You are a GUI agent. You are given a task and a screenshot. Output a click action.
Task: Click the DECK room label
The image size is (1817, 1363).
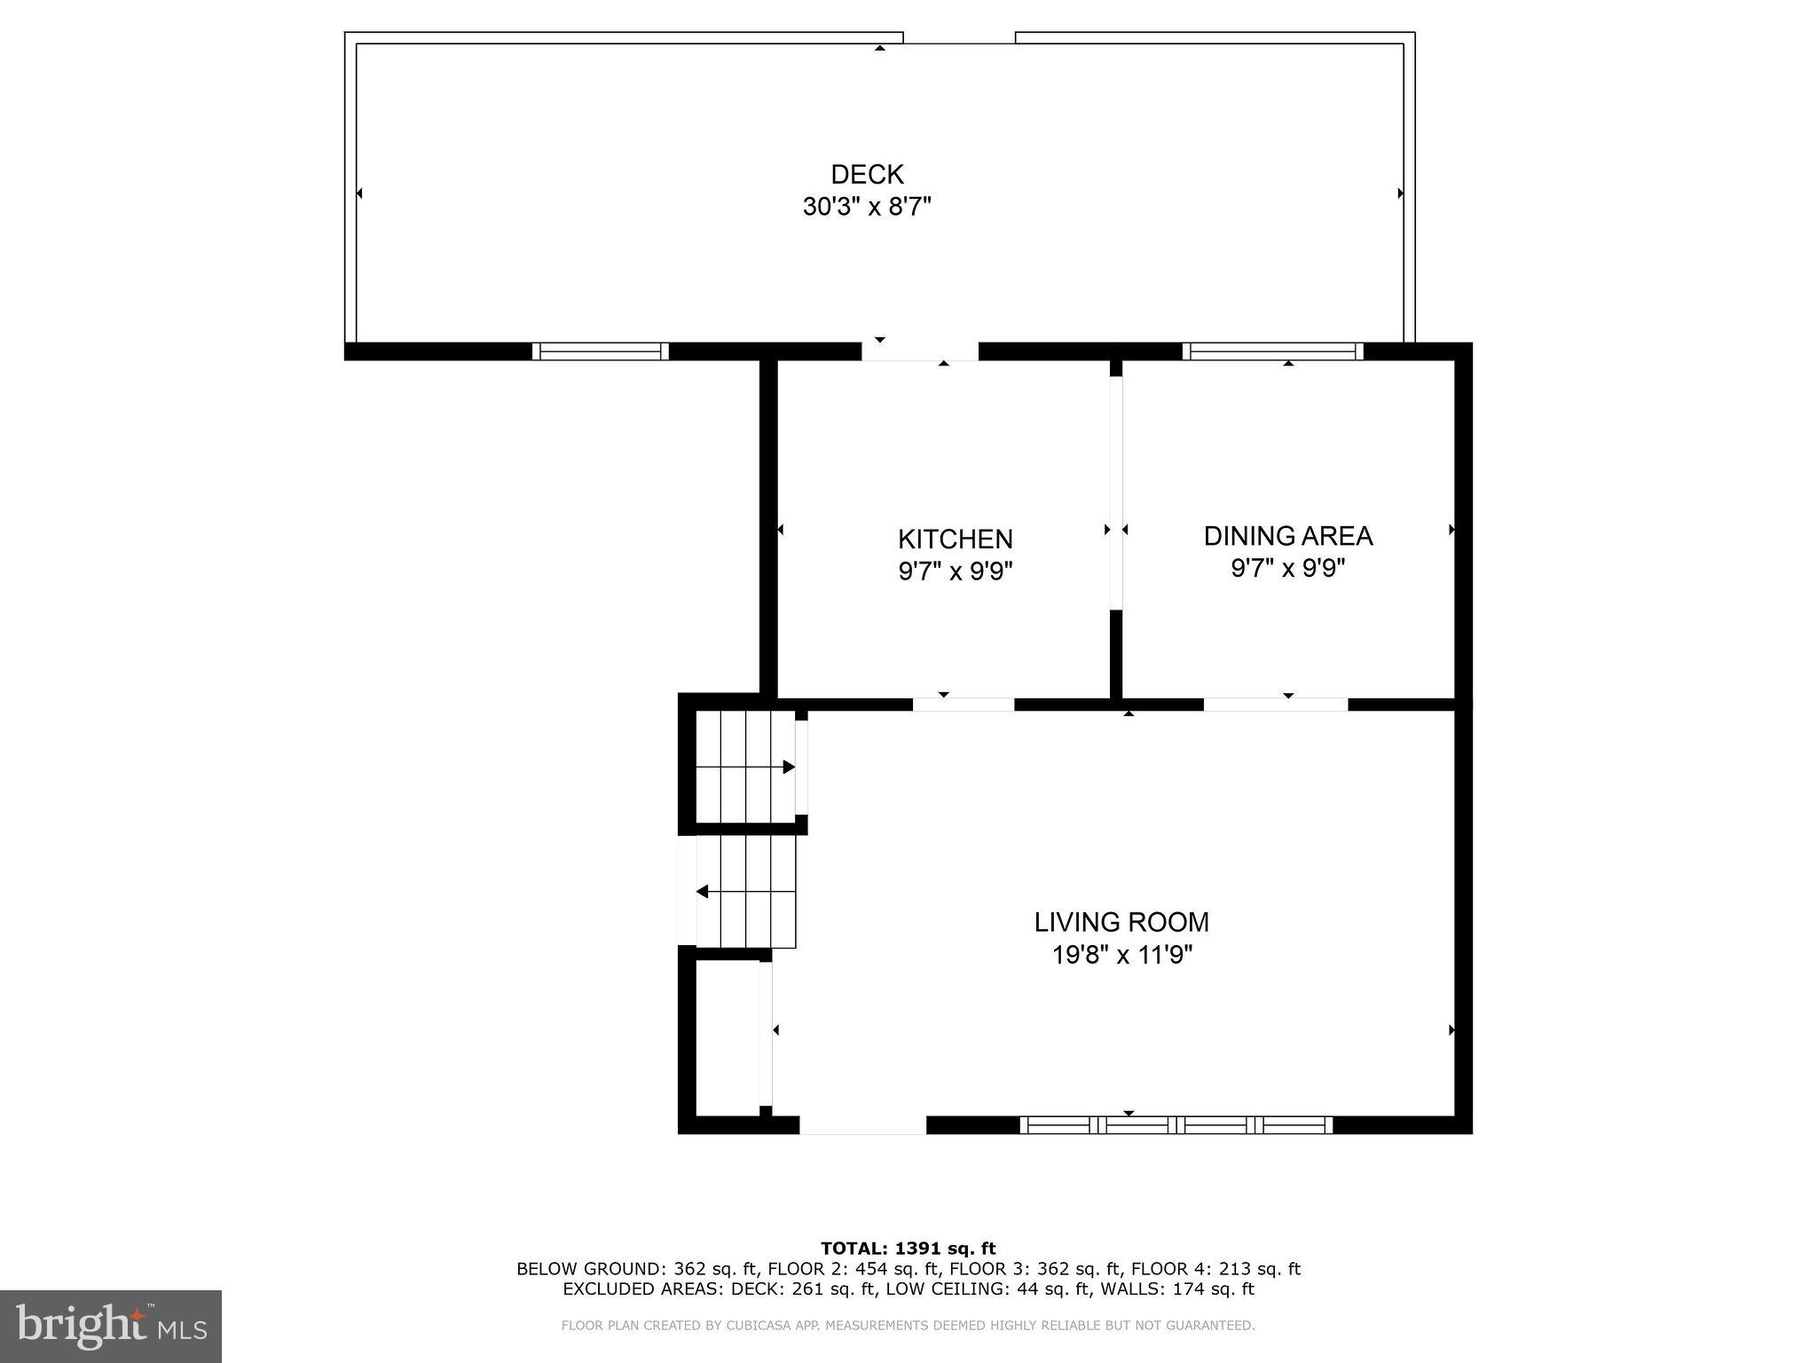[867, 174]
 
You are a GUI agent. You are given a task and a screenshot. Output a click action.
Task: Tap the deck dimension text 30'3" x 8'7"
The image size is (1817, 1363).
[867, 207]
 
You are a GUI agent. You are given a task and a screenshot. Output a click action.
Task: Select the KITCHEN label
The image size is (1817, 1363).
[955, 539]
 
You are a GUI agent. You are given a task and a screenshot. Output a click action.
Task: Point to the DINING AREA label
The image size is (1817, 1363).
[1287, 535]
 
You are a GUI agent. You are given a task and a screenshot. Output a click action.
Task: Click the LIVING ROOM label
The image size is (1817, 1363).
[1121, 922]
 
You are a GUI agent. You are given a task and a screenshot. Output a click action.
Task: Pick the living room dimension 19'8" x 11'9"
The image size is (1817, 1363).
[1121, 955]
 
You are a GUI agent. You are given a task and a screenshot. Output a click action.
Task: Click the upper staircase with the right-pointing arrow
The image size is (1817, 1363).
[745, 767]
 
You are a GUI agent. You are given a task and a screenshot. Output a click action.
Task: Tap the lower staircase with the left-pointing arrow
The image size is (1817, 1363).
[745, 891]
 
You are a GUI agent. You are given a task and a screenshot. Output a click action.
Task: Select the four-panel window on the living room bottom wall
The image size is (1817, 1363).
[1176, 1125]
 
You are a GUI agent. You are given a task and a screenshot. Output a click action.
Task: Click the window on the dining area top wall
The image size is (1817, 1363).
[1273, 351]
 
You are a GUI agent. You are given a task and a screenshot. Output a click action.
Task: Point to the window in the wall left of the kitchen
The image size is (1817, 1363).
[601, 351]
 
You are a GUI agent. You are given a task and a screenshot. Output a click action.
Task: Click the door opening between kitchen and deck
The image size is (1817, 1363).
[920, 351]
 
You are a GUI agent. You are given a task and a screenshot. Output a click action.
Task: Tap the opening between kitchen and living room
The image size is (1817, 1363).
[964, 705]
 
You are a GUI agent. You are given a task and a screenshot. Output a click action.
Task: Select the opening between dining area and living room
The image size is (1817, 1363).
[1275, 705]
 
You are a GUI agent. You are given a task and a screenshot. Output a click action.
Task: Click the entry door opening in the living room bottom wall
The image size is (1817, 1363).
[862, 1125]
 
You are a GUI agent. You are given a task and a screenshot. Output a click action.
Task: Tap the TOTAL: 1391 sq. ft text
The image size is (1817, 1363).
[908, 1249]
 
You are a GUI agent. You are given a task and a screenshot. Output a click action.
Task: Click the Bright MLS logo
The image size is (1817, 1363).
[111, 1326]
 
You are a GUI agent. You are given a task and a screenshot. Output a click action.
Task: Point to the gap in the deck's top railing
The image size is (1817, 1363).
[959, 38]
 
